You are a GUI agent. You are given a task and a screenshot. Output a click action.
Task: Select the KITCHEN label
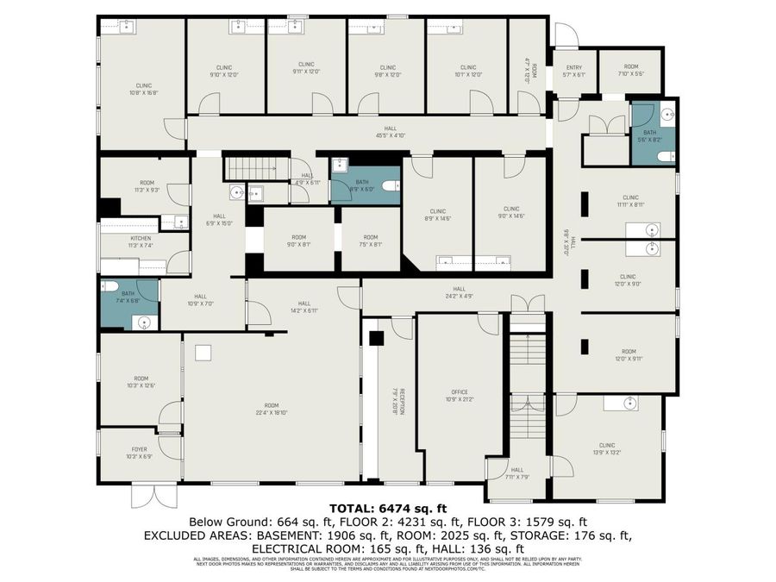pyautogui.click(x=141, y=241)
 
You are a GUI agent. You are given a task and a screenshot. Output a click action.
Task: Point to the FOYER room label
pyautogui.click(x=140, y=453)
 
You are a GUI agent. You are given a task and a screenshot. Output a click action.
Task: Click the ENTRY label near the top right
pyautogui.click(x=574, y=72)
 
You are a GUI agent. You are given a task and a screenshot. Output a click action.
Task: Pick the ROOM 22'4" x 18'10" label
pyautogui.click(x=272, y=409)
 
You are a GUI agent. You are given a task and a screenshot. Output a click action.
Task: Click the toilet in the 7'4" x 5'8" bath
pyautogui.click(x=110, y=286)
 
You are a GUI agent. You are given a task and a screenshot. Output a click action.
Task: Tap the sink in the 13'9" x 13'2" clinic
pyautogui.click(x=631, y=403)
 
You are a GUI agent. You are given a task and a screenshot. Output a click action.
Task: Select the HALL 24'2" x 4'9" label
pyautogui.click(x=459, y=292)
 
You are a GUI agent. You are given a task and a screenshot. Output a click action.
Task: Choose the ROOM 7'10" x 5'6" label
pyautogui.click(x=631, y=70)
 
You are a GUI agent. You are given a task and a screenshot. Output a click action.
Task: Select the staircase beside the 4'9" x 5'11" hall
pyautogui.click(x=249, y=167)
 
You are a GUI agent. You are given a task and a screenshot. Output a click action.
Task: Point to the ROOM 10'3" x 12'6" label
pyautogui.click(x=141, y=381)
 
